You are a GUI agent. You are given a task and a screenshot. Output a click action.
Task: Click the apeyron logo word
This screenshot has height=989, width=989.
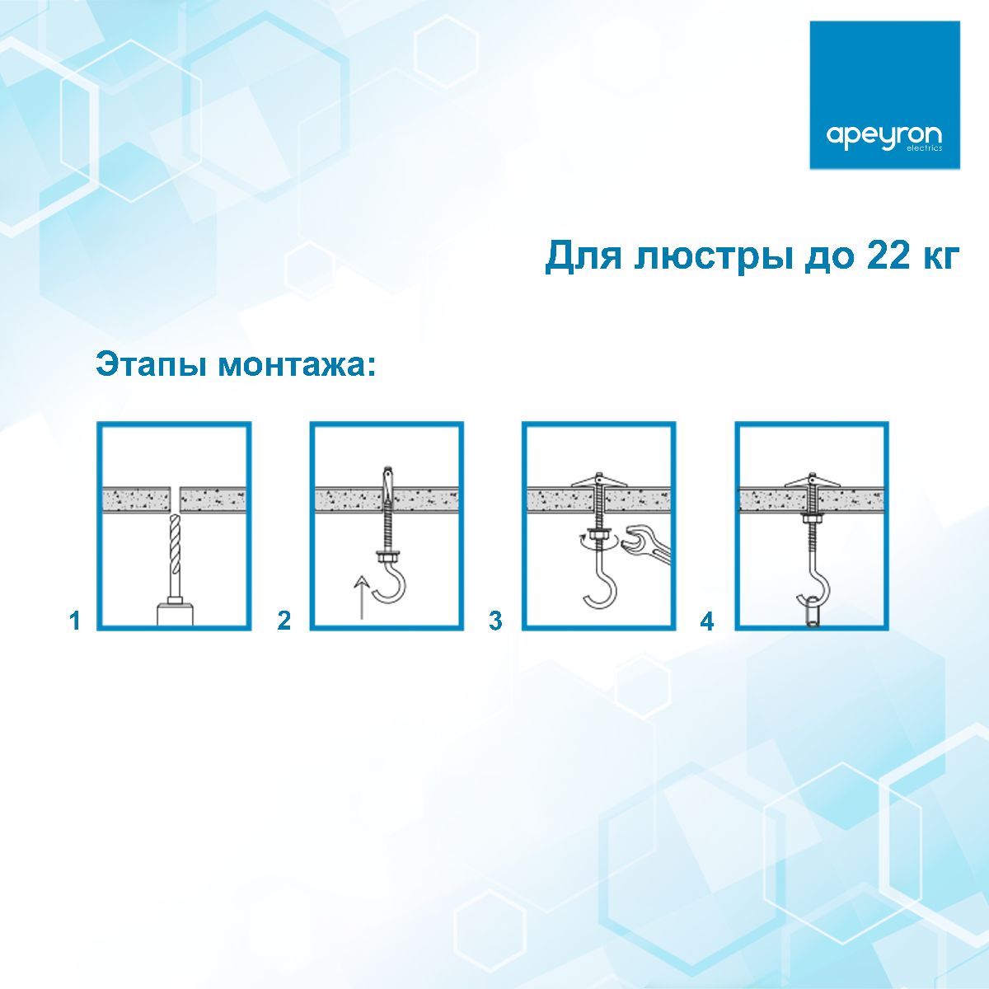tap(884, 136)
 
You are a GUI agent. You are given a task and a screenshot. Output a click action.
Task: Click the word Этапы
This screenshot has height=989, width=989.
tap(152, 364)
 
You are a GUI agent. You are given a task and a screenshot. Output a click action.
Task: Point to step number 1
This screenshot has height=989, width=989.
tap(75, 621)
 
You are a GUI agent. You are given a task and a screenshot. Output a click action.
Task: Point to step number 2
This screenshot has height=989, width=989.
tap(284, 621)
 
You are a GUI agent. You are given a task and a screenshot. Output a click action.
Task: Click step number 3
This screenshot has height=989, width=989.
tap(495, 621)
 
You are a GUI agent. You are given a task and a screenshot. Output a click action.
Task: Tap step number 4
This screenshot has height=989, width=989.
tap(706, 621)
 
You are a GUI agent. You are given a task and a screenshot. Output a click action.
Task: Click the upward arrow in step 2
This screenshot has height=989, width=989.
tap(360, 598)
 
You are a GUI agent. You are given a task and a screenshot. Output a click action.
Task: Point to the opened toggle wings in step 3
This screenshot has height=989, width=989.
tap(599, 480)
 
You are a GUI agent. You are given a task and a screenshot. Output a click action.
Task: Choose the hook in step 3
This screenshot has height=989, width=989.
tap(600, 585)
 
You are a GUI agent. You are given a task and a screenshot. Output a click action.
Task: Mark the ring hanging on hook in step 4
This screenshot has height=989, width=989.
tap(812, 612)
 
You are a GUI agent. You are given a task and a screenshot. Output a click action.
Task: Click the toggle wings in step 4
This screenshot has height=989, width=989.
tap(812, 480)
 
